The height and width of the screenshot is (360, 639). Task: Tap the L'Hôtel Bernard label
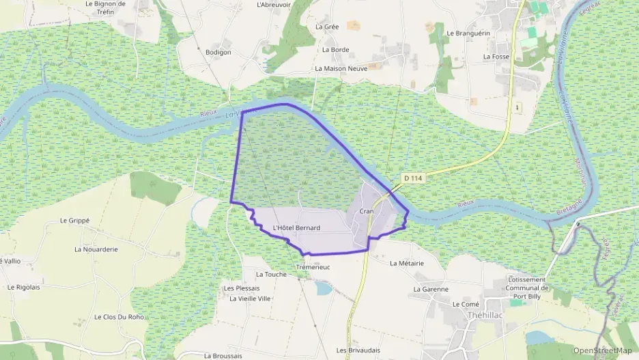[296, 227]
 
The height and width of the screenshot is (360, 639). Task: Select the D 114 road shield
[413, 178]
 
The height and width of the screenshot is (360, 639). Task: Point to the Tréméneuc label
[313, 266]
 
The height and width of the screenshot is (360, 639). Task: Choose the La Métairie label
[407, 263]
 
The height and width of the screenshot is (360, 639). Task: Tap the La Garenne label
[431, 289]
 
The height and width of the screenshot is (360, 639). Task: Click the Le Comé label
[466, 304]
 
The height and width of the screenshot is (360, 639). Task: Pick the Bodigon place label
[218, 52]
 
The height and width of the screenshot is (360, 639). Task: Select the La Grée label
[327, 27]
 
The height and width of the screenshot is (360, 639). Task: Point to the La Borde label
[335, 49]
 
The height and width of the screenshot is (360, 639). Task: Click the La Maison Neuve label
[341, 68]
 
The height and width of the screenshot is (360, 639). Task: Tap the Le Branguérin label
[469, 32]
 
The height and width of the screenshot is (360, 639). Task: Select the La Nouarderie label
[96, 249]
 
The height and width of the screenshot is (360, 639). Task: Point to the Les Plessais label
[242, 288]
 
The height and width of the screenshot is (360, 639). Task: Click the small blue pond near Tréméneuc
[324, 288]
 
